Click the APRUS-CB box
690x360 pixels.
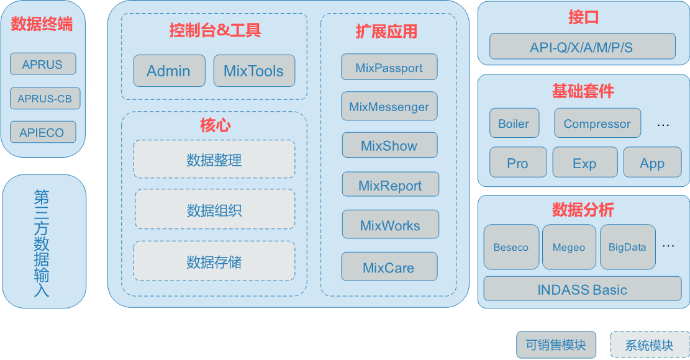[x=45, y=99]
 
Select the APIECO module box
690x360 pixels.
[x=42, y=132]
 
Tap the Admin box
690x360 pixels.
[x=169, y=71]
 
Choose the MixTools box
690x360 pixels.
[x=253, y=71]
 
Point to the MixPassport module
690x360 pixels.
[x=389, y=68]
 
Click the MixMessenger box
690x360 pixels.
[x=389, y=106]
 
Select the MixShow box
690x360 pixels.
[x=389, y=145]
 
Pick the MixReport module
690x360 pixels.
[x=390, y=185]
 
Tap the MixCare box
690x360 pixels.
[x=389, y=268]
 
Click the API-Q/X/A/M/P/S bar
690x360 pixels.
[x=582, y=47]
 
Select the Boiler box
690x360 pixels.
[x=514, y=124]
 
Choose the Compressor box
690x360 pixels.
[x=597, y=124]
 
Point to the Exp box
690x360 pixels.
[x=584, y=163]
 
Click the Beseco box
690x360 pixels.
[x=511, y=247]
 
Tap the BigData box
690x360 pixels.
[x=627, y=247]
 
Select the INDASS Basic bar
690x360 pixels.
[x=582, y=290]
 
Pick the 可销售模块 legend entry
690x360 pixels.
[x=556, y=344]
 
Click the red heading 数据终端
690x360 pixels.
[x=42, y=24]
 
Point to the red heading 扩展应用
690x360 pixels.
[x=387, y=32]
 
